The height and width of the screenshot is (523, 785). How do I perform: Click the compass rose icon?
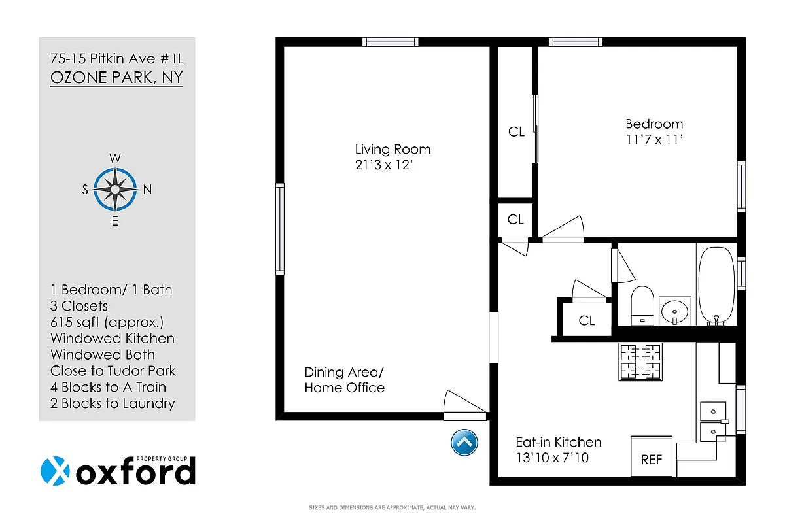tap(115, 190)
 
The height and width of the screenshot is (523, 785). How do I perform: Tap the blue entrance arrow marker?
tap(464, 443)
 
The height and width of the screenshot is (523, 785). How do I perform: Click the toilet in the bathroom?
tap(642, 305)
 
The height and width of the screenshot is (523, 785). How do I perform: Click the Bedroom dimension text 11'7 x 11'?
tap(654, 139)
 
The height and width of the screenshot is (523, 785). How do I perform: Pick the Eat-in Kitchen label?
tap(558, 442)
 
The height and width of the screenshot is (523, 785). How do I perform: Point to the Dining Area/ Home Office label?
tap(345, 380)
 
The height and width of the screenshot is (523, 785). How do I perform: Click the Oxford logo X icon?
tap(55, 471)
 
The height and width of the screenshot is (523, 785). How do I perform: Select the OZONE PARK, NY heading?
tap(116, 78)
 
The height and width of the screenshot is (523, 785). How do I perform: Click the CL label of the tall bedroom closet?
tap(516, 132)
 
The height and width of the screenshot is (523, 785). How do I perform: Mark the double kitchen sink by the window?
tap(714, 421)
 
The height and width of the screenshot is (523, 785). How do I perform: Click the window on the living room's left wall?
tap(280, 228)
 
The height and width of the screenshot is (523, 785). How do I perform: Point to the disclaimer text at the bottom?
tap(392, 507)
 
